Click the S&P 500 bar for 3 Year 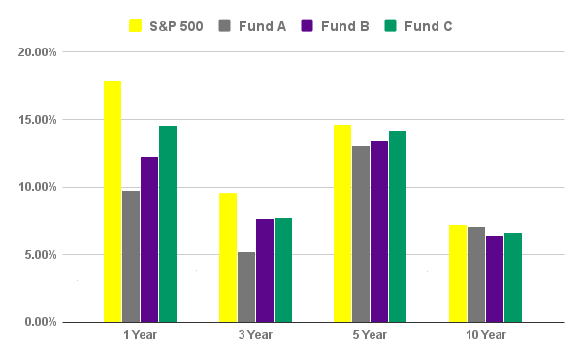pos(228,257)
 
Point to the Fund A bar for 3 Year pos(246,287)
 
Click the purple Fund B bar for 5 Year pos(379,231)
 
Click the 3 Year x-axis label pos(255,335)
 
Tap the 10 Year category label pos(486,335)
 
